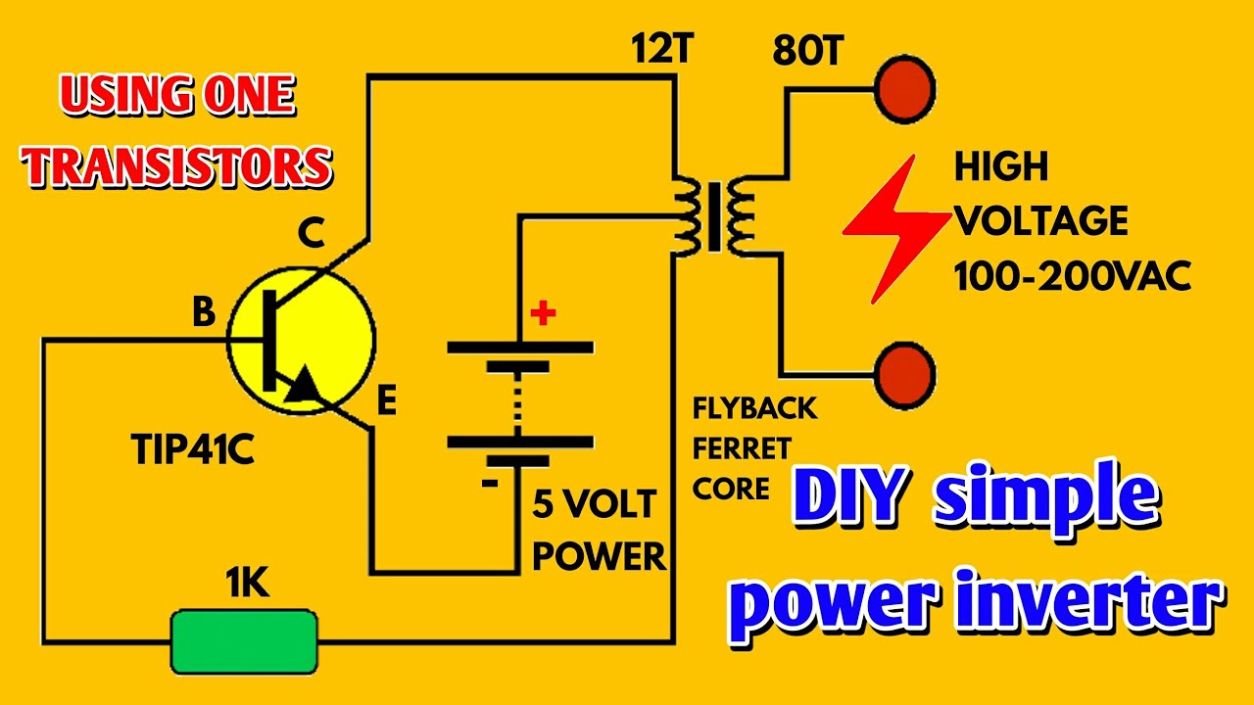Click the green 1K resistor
tap(244, 641)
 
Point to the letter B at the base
tap(204, 313)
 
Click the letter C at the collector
tap(311, 235)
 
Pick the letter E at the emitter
tap(387, 401)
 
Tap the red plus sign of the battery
tap(542, 313)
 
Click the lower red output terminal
tap(904, 373)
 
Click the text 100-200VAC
tap(1073, 277)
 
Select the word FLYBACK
tap(754, 407)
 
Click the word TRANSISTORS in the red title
tap(178, 165)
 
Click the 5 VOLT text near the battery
tap(594, 505)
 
